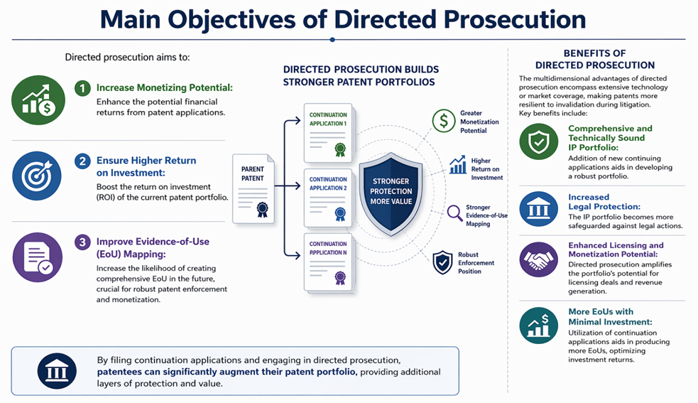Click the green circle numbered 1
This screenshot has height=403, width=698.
tap(84, 88)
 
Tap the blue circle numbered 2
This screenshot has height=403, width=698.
tap(84, 161)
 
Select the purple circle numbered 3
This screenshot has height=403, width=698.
tap(84, 242)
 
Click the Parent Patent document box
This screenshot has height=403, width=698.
tap(253, 186)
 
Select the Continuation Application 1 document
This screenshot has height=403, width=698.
tap(328, 132)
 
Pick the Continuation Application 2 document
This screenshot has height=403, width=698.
tap(328, 197)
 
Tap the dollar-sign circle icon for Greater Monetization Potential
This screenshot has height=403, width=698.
tap(444, 121)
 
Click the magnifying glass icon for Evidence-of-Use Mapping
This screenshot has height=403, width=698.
tap(455, 213)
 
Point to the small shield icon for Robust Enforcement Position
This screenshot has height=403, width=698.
tap(443, 262)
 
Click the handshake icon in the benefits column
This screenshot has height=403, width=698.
tap(539, 259)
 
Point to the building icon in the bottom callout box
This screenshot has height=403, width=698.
tap(58, 370)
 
